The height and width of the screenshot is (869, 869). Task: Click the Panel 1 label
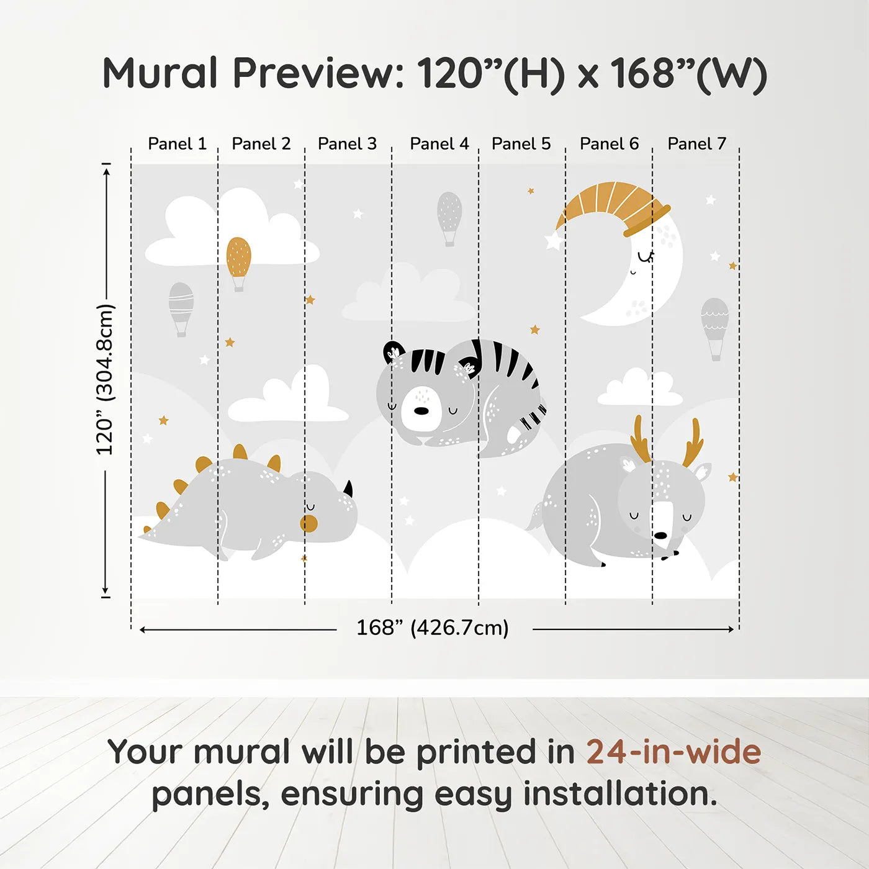pyautogui.click(x=177, y=144)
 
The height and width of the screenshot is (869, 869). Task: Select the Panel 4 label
pyautogui.click(x=439, y=144)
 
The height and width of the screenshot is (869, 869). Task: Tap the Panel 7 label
pyautogui.click(x=696, y=144)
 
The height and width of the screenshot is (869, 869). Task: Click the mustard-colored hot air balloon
pyautogui.click(x=238, y=261)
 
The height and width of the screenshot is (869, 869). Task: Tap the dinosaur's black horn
pyautogui.click(x=348, y=489)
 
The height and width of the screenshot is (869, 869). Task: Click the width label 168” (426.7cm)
pyautogui.click(x=432, y=628)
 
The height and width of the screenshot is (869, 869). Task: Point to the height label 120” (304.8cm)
pyautogui.click(x=105, y=379)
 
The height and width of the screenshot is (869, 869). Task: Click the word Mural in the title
pyautogui.click(x=160, y=73)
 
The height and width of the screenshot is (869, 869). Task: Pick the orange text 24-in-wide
pyautogui.click(x=673, y=752)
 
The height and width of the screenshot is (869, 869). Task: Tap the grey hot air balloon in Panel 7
pyautogui.click(x=714, y=326)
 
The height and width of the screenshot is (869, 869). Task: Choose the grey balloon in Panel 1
pyautogui.click(x=181, y=307)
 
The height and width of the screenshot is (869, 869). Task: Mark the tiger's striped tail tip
pyautogui.click(x=534, y=418)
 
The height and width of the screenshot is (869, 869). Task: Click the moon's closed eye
pyautogui.click(x=645, y=256)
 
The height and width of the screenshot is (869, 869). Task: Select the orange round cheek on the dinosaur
pyautogui.click(x=308, y=523)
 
